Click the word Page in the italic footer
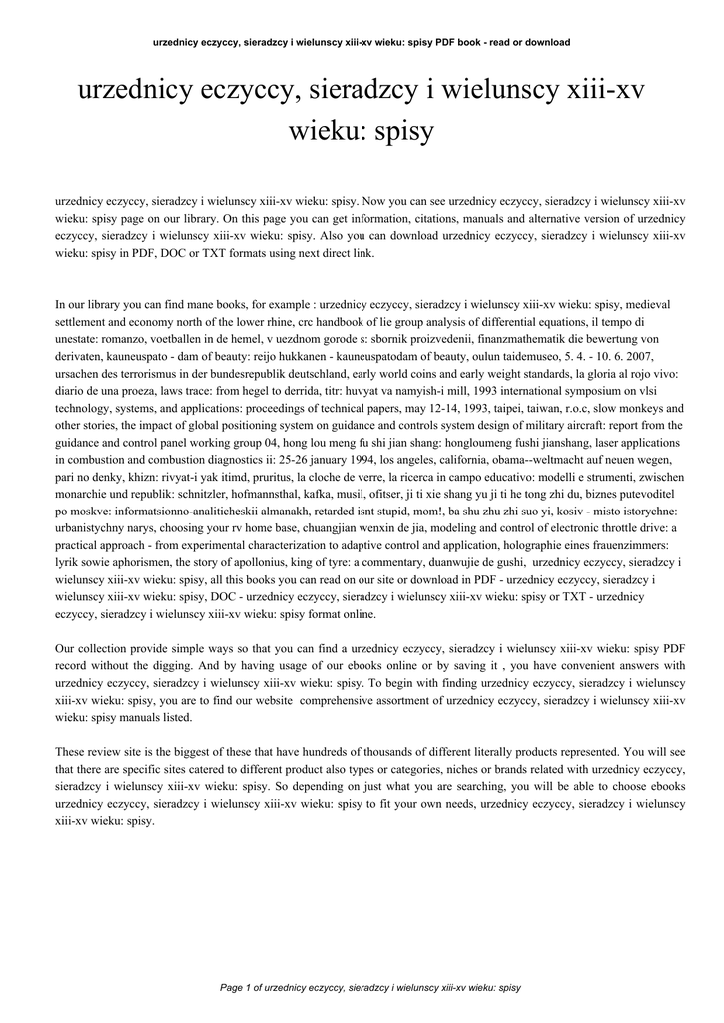coord(234,988)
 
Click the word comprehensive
coord(341,701)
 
